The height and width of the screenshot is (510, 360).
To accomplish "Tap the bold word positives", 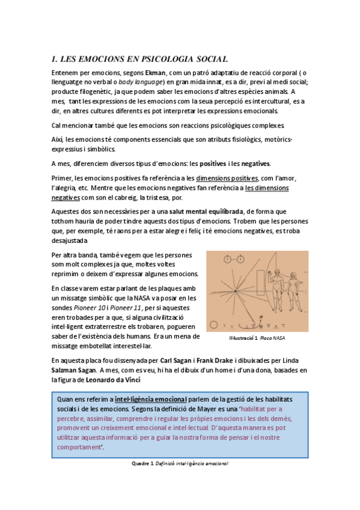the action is (216, 164).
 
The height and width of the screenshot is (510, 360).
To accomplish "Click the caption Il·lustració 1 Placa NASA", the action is (257, 338).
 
